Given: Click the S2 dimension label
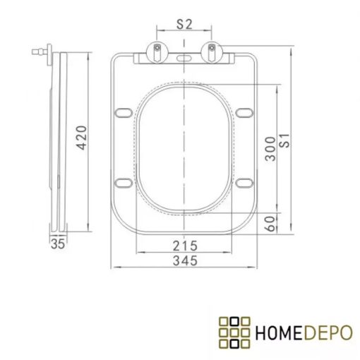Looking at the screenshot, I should [184, 23].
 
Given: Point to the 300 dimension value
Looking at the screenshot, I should [270, 149].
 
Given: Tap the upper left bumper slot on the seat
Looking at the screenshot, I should [124, 111].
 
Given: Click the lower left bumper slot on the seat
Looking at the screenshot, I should [124, 185].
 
